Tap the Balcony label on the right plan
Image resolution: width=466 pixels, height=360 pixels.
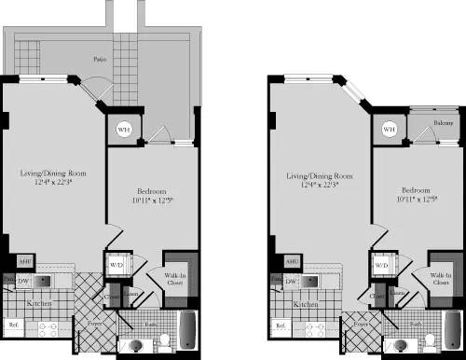(x=444, y=122)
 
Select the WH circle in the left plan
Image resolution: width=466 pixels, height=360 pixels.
(x=124, y=131)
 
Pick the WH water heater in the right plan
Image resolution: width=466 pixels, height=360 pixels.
(x=389, y=129)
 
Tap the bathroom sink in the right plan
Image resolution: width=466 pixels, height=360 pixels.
(x=404, y=345)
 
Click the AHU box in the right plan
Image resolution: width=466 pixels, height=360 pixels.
(x=291, y=262)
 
